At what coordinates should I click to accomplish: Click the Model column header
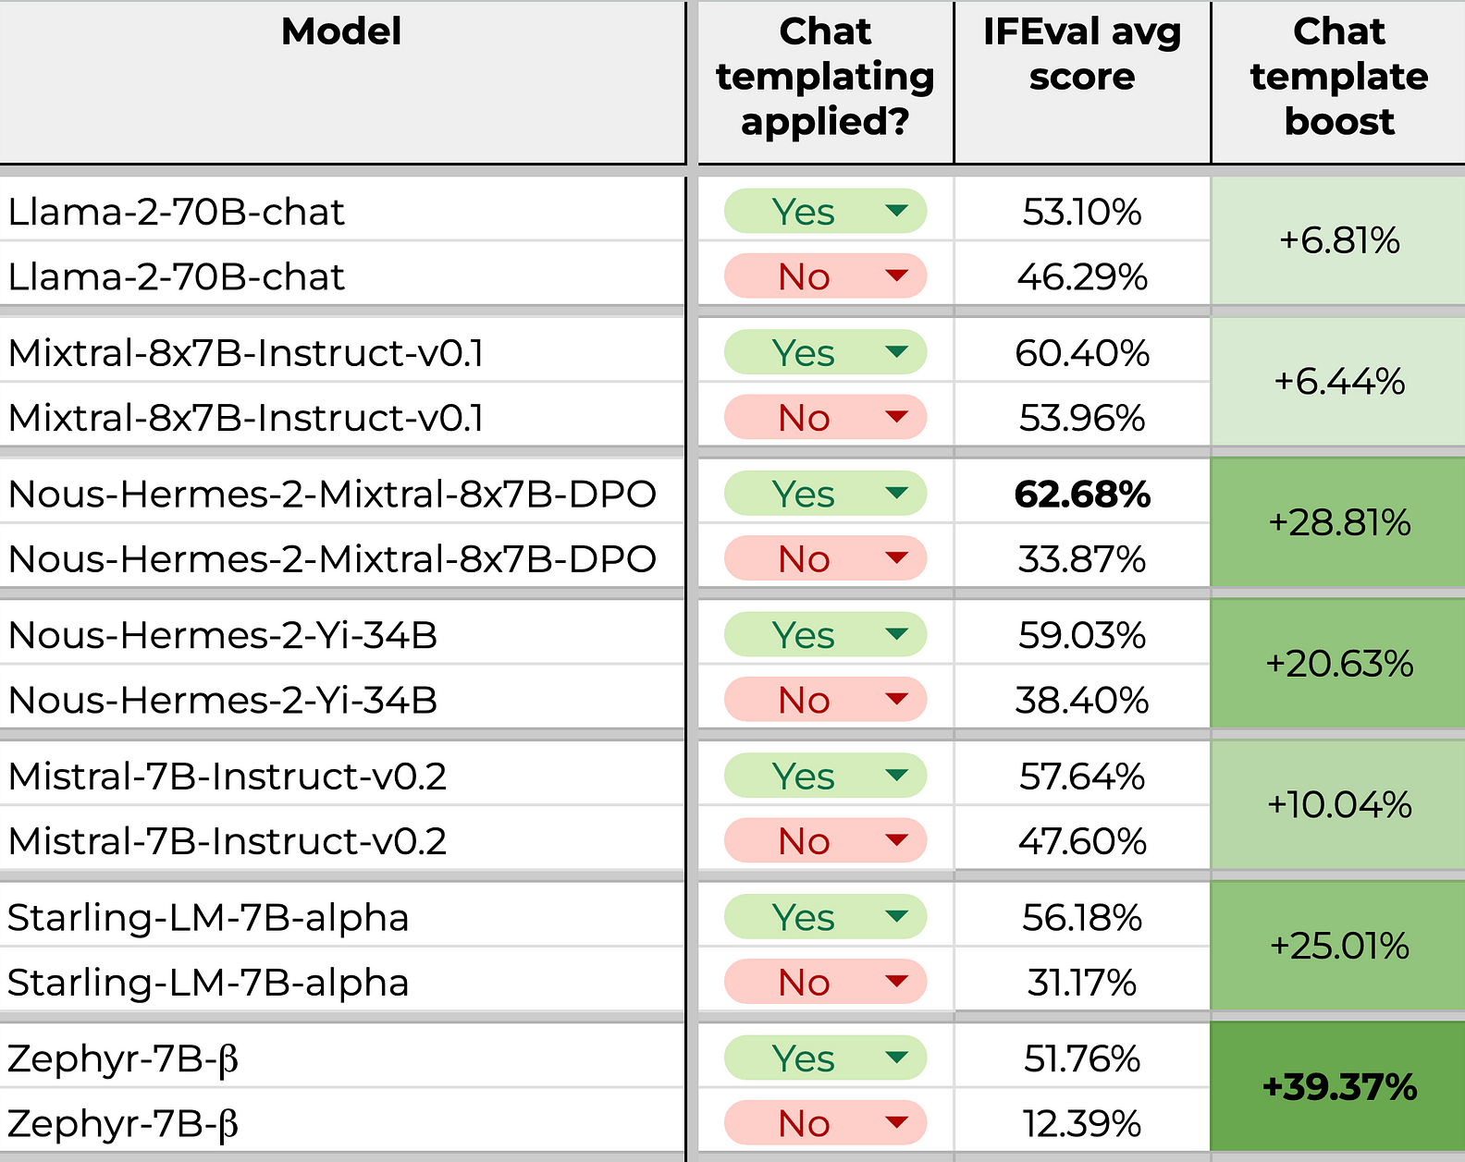[341, 31]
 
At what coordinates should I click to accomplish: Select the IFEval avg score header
[1082, 54]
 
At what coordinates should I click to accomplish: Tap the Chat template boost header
[1339, 76]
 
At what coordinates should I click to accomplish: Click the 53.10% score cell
[1082, 212]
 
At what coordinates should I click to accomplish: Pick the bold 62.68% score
[1082, 494]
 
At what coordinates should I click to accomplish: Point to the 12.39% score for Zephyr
[1082, 1123]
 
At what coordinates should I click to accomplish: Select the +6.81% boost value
[1339, 240]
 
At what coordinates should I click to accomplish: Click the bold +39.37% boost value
[1339, 1086]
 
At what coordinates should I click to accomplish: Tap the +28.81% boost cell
[1339, 522]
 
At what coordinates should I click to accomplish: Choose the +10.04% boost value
[1339, 805]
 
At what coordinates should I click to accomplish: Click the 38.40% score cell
[1082, 700]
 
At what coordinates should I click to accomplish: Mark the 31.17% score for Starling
[1082, 983]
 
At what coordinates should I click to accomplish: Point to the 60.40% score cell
[1082, 353]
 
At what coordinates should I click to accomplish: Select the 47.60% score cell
[1082, 841]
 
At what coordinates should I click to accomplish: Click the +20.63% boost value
[1339, 664]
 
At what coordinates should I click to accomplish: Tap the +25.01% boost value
[1339, 946]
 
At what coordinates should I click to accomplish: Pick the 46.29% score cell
[1082, 277]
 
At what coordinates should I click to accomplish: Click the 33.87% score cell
[1082, 559]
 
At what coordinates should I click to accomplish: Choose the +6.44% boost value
[1339, 381]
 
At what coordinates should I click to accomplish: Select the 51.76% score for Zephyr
[1082, 1058]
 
